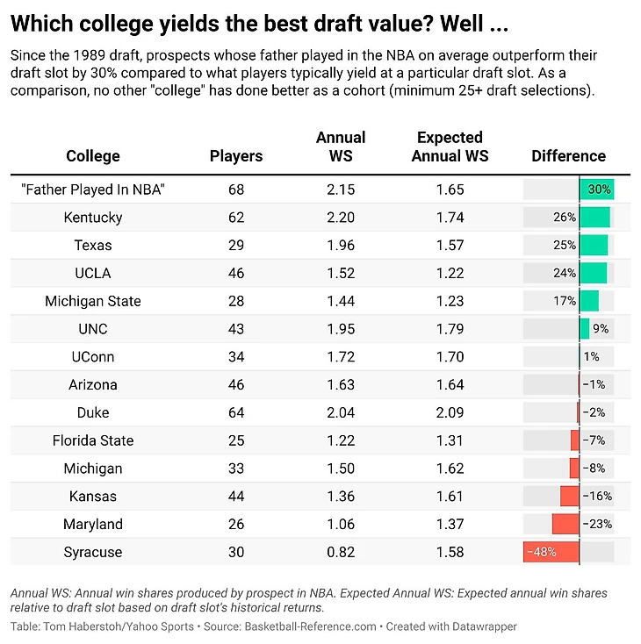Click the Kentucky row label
click(93, 218)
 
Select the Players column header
click(236, 156)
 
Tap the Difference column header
click(568, 156)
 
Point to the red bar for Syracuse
click(551, 553)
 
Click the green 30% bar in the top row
click(596, 190)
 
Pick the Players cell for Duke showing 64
click(236, 412)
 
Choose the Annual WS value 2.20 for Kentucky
click(341, 218)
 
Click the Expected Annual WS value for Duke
click(450, 412)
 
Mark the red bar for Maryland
click(565, 525)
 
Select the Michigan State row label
click(93, 301)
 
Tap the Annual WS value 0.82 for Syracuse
click(341, 553)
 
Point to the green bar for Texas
click(594, 246)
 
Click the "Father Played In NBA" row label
click(93, 190)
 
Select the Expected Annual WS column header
click(450, 147)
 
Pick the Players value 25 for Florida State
click(236, 440)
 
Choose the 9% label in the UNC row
click(601, 329)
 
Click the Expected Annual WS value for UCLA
click(450, 273)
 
